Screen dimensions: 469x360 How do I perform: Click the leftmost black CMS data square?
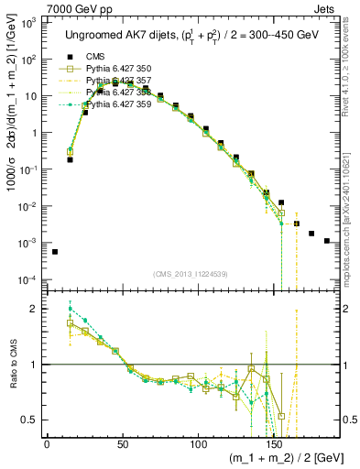[x=55, y=251]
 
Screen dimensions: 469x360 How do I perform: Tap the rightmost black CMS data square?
[x=327, y=241]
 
